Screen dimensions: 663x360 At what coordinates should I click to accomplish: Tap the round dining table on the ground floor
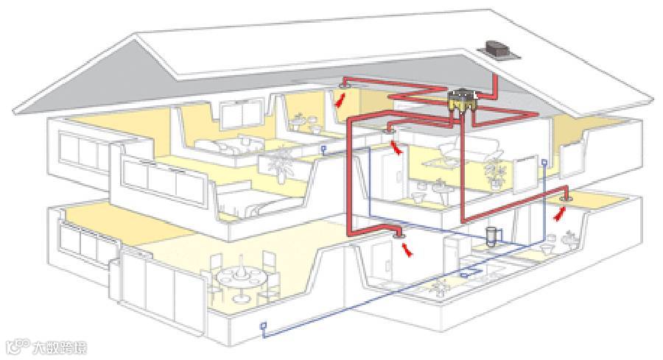coord(239,278)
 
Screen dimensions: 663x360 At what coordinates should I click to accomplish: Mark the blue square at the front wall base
coord(263,325)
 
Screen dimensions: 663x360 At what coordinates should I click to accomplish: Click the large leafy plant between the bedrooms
coord(281,163)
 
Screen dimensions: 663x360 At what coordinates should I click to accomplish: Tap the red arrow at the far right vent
coord(560,214)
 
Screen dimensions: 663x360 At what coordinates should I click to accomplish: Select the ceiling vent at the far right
coord(566,197)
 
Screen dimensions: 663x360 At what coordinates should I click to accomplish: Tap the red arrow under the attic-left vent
coord(339,101)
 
